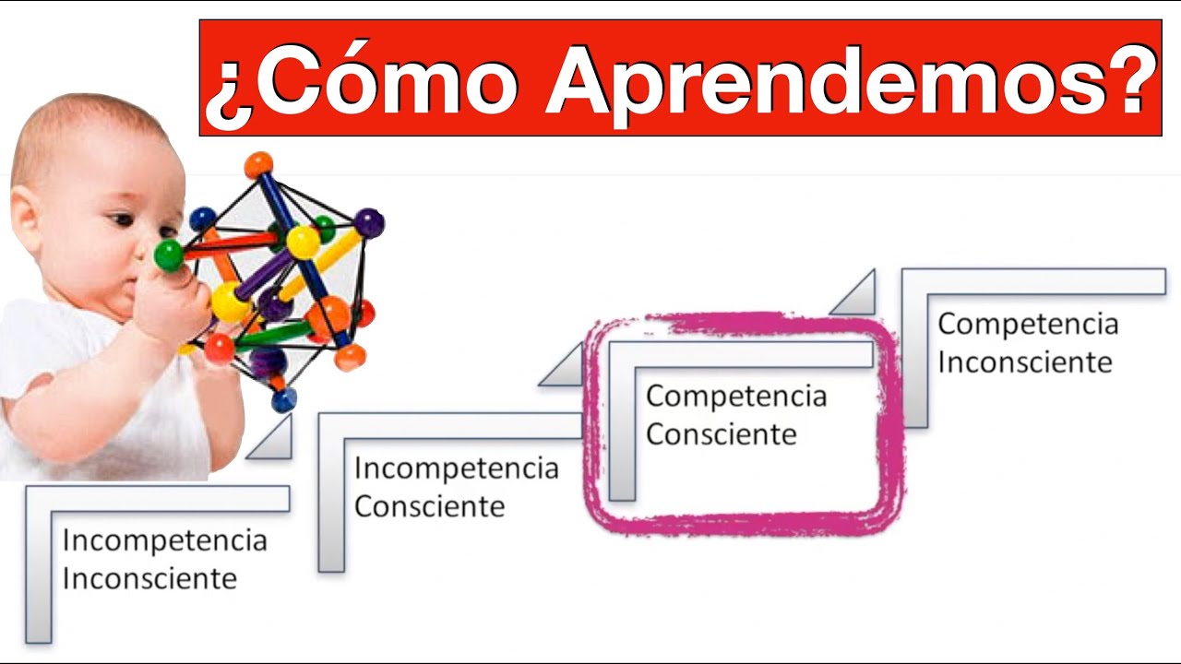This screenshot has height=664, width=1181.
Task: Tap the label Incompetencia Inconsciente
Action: pos(163,559)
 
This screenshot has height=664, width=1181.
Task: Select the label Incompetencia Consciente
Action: pos(456,487)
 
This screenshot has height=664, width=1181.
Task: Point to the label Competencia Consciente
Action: pos(735,415)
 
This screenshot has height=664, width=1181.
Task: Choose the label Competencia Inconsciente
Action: pos(1027,343)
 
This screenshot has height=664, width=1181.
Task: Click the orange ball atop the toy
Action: pos(258,165)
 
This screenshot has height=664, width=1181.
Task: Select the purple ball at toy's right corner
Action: pos(369,222)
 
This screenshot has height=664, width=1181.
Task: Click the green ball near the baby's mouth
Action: pos(169,255)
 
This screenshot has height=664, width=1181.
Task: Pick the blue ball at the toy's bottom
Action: pos(284,399)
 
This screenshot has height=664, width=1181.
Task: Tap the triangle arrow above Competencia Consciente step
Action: pos(564,367)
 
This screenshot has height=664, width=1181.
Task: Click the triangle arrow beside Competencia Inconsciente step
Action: pos(854,295)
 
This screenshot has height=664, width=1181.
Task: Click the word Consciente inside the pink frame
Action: pos(721,434)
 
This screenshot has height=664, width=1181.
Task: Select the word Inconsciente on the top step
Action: pos(1024,362)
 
